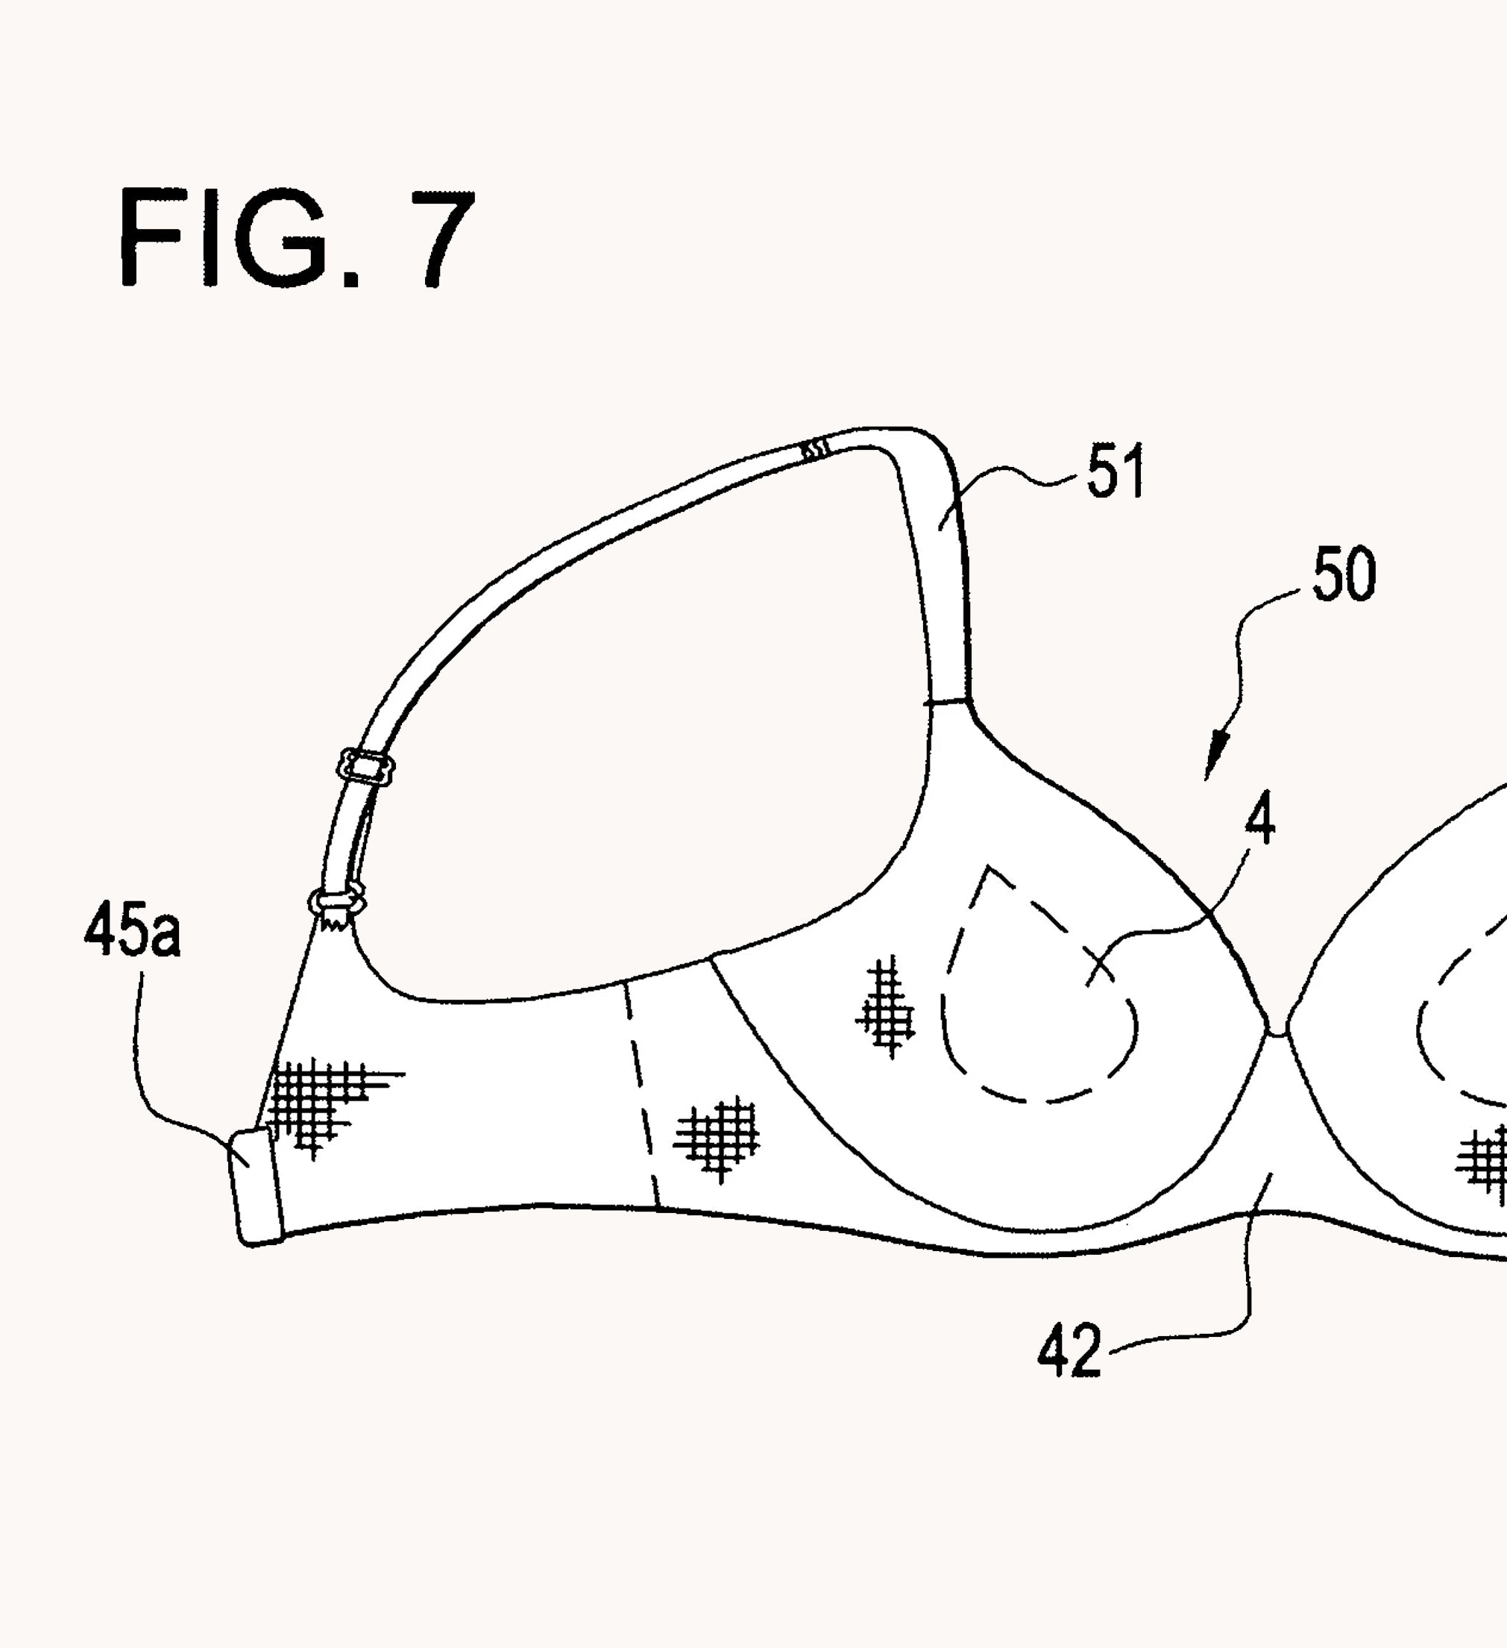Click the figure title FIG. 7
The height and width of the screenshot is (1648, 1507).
(296, 238)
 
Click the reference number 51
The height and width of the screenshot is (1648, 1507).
(1115, 471)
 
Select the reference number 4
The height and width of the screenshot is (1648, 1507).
(1259, 818)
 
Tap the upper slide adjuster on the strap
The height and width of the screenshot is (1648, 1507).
(366, 768)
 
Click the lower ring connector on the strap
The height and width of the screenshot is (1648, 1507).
(337, 902)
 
